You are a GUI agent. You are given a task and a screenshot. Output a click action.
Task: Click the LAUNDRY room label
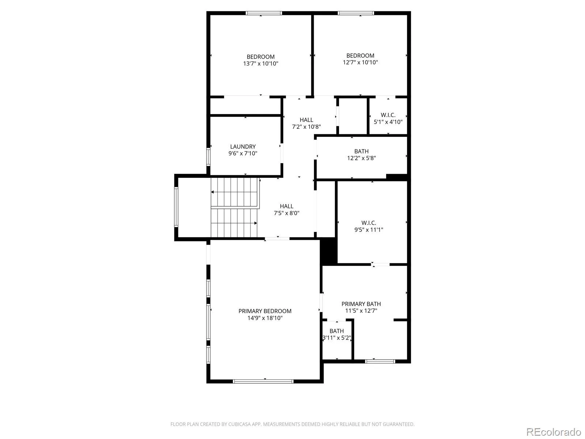(242, 147)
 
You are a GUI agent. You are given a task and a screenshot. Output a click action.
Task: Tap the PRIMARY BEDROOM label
(265, 311)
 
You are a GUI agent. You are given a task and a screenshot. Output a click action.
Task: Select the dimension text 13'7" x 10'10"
(260, 63)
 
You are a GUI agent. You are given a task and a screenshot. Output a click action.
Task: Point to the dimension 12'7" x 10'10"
(360, 62)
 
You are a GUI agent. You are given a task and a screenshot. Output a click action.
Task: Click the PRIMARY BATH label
(361, 304)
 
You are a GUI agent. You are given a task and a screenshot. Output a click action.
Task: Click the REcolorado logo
(554, 432)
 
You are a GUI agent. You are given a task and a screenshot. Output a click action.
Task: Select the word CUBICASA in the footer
(240, 424)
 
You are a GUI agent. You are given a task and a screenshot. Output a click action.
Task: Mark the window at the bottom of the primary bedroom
(263, 382)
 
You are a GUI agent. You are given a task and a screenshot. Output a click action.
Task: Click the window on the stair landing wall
(176, 207)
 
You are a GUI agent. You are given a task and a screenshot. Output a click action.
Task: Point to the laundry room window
(208, 157)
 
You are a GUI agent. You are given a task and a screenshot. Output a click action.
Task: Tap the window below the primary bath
(380, 361)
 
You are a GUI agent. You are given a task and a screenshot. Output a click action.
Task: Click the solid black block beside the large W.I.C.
(329, 251)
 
